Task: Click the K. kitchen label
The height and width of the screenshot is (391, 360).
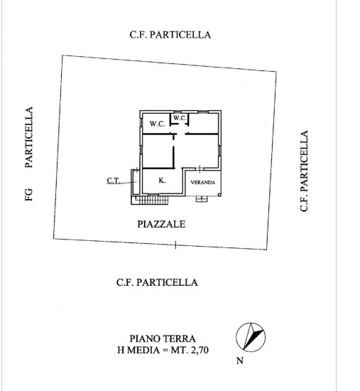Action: pos(162,181)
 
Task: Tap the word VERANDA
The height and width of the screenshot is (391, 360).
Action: pos(203,182)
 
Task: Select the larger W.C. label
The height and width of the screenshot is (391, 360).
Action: pos(157,124)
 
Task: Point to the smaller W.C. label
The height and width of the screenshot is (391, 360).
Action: pos(180,118)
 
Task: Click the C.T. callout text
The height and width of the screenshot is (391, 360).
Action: pos(114,181)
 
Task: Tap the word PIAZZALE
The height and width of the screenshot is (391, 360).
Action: pos(161,224)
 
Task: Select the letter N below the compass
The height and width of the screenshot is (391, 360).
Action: pos(240,360)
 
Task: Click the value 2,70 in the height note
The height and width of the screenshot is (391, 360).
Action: pos(200,350)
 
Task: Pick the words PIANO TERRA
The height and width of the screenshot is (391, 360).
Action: pos(163,338)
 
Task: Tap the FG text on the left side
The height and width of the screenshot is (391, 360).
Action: pos(29,195)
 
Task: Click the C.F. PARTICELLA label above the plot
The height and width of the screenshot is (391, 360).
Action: pos(170,35)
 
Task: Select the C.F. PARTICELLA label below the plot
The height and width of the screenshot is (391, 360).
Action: pos(157,282)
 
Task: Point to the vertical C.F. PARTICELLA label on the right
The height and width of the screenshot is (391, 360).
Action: pos(304,171)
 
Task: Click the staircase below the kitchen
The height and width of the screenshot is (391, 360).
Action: pos(150,200)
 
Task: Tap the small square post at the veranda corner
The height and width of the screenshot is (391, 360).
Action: pos(219,195)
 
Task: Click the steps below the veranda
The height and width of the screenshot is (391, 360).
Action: pos(201,199)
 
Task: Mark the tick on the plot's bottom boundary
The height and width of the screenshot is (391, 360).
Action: pos(175,245)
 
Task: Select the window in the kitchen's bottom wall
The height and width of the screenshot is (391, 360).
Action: pos(153,194)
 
